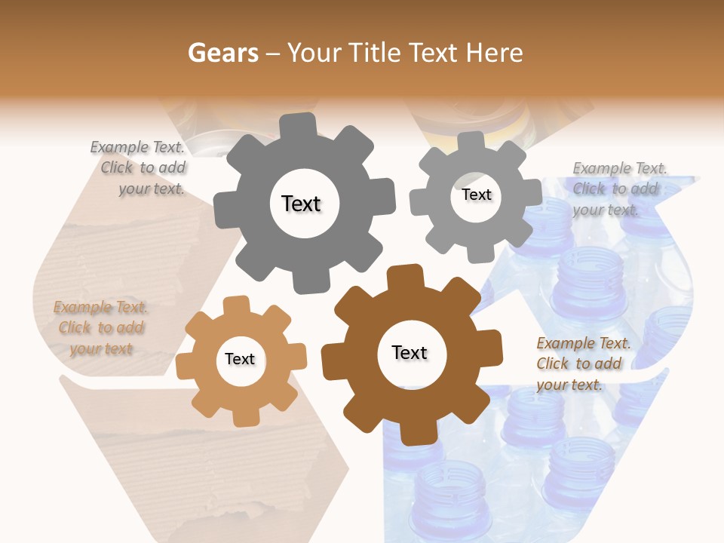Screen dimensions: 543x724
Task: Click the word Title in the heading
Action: [376, 53]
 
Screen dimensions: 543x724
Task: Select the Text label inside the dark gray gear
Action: [301, 204]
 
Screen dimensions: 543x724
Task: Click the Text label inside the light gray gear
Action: [476, 195]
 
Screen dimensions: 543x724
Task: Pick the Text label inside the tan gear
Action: [240, 360]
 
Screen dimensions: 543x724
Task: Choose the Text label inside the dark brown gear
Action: [410, 352]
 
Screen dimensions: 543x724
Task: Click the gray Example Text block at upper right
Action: [619, 189]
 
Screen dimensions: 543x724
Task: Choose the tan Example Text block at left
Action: [101, 328]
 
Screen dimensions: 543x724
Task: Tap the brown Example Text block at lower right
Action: [581, 364]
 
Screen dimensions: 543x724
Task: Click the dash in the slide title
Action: [275, 54]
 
